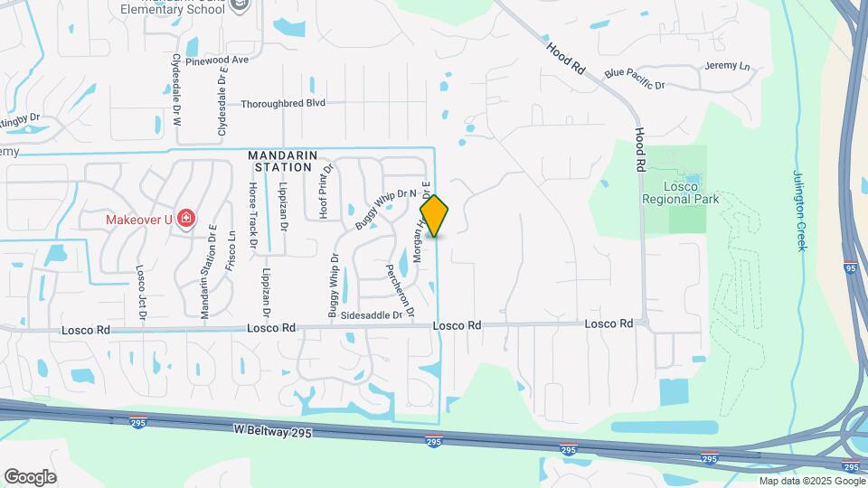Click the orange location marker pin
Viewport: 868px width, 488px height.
pos(435,216)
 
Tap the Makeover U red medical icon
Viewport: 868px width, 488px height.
pos(186,219)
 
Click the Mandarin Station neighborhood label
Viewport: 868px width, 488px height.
pos(283,161)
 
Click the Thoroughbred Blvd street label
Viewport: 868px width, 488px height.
pos(282,104)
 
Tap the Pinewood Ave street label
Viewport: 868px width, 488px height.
pos(216,60)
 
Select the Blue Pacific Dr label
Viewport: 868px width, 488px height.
pos(635,79)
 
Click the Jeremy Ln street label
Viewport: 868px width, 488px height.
pos(728,66)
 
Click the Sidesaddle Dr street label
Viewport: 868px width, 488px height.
pos(372,315)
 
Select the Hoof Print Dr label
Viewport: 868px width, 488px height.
pos(322,191)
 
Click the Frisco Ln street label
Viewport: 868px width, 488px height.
pos(232,248)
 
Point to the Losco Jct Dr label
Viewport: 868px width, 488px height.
pos(141,293)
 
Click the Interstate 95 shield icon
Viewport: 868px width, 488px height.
pos(851,268)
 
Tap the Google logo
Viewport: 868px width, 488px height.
pos(30,477)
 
